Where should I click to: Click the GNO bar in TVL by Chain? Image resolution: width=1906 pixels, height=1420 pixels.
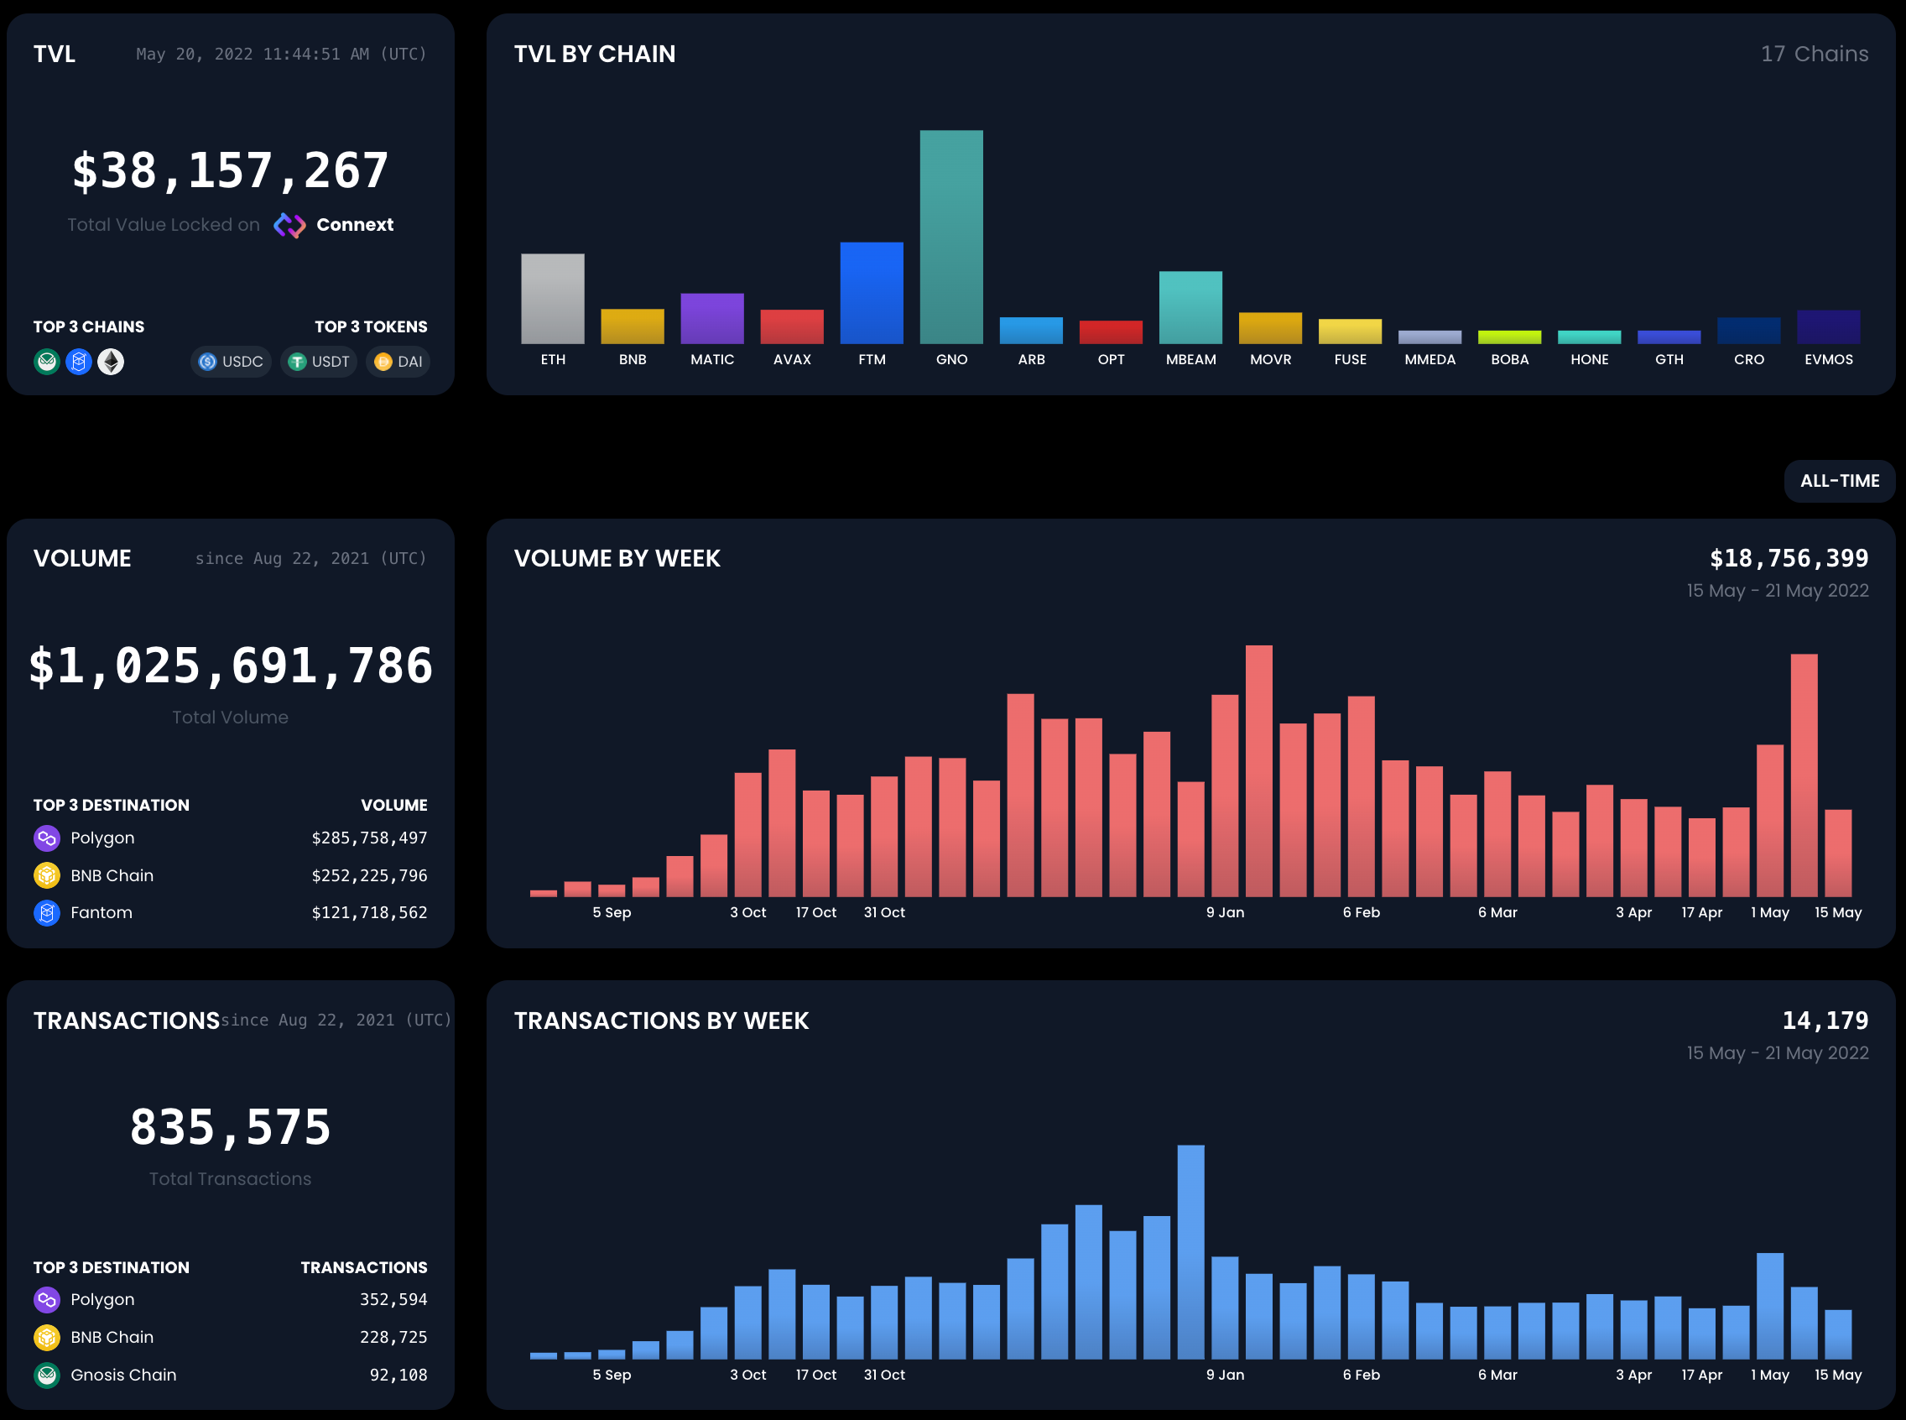coord(951,238)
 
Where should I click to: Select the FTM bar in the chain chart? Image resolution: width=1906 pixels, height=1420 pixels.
coord(872,293)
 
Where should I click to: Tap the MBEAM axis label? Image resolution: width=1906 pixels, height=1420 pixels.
coord(1190,359)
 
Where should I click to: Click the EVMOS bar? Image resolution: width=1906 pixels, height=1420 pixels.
coord(1828,326)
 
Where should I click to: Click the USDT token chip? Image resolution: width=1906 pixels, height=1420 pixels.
coord(319,362)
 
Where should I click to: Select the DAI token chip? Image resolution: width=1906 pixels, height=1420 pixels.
coord(398,362)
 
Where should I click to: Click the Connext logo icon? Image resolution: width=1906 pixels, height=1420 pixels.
coord(289,225)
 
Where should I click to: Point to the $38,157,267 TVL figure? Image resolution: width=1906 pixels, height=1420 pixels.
coord(231,170)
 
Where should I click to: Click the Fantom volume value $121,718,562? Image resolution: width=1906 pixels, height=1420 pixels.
coord(368,913)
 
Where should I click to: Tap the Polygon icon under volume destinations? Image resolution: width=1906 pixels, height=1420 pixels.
coord(46,838)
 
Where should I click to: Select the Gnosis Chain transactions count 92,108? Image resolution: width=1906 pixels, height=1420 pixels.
coord(398,1376)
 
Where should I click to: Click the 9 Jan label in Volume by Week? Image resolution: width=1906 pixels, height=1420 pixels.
coord(1225,913)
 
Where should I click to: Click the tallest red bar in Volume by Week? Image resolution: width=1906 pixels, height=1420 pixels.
coord(1258,771)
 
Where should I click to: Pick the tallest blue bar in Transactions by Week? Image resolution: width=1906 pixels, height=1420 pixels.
coord(1190,1251)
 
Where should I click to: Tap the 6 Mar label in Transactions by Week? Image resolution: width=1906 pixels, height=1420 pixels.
coord(1497,1376)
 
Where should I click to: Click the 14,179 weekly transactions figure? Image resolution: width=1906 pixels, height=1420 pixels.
coord(1825,1021)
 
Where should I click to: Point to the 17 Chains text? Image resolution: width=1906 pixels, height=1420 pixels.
coord(1814,55)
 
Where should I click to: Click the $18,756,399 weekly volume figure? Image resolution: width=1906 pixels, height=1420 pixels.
coord(1789,559)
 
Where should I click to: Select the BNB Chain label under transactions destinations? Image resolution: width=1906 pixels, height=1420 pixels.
coord(112,1338)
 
